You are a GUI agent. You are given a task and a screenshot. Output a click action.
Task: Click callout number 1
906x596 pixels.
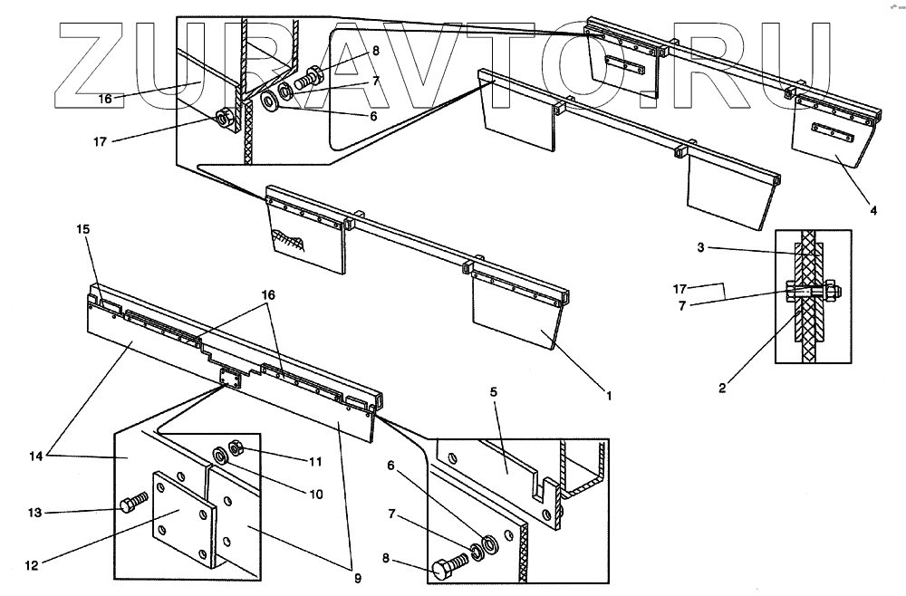pyautogui.click(x=609, y=396)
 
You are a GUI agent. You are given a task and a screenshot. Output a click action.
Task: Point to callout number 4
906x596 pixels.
pyautogui.click(x=873, y=211)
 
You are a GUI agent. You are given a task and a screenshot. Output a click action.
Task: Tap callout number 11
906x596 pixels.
pyautogui.click(x=314, y=462)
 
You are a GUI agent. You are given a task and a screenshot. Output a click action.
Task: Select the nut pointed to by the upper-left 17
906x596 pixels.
pyautogui.click(x=222, y=118)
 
